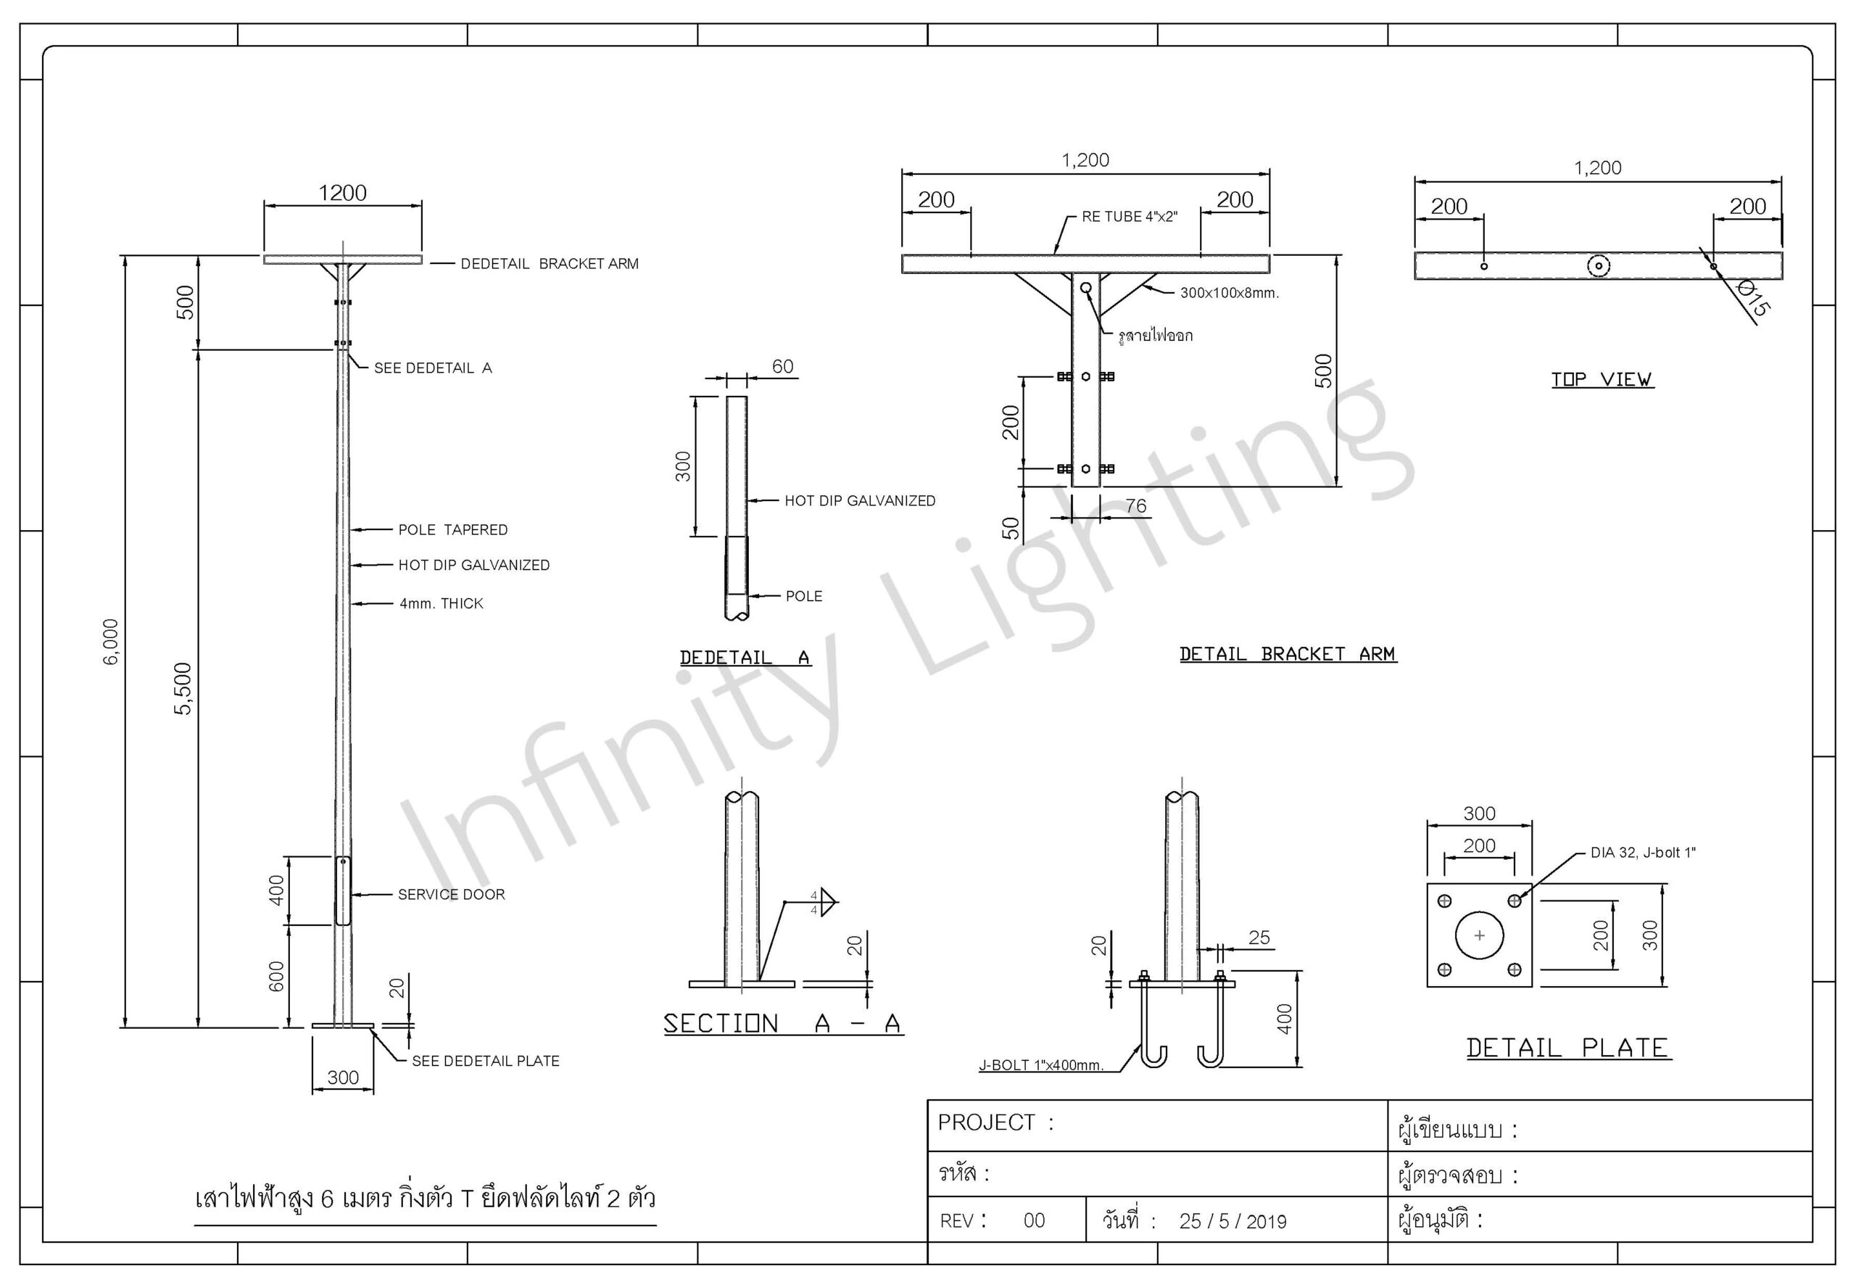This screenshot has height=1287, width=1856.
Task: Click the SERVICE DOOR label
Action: (452, 894)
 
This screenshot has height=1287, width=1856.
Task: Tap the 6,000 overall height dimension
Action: (111, 642)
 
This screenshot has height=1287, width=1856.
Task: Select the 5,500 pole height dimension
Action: (184, 689)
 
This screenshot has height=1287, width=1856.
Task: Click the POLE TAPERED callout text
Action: (453, 530)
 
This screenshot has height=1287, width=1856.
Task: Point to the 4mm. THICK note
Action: (441, 603)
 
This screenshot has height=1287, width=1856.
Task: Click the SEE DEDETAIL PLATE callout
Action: (485, 1062)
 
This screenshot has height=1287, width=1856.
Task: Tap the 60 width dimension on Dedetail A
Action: (782, 366)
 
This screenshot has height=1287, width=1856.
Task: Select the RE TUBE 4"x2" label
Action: (1130, 216)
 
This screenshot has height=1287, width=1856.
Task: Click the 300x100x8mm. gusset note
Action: (1230, 293)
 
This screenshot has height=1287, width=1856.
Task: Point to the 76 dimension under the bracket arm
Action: (1136, 505)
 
